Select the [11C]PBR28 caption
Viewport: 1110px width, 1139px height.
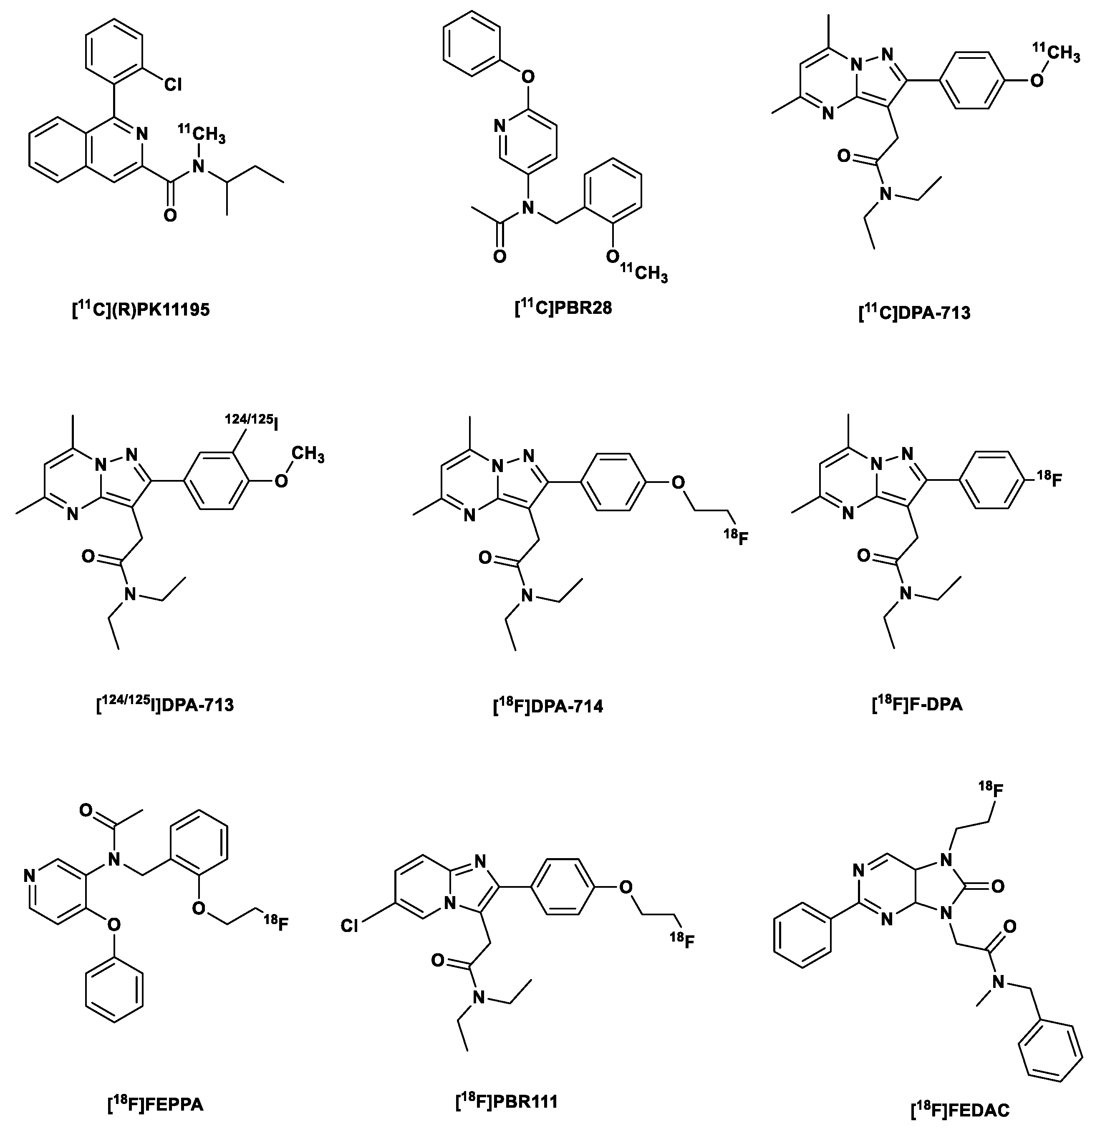563,307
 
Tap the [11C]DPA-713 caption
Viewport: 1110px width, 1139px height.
914,313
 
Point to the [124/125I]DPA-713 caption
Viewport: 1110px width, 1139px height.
165,705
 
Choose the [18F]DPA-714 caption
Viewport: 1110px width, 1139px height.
548,706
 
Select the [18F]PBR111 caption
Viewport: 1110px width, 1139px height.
507,1101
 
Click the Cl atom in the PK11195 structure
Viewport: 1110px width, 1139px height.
172,85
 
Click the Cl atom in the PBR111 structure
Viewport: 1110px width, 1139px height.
349,926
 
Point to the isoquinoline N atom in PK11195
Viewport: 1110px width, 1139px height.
141,134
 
